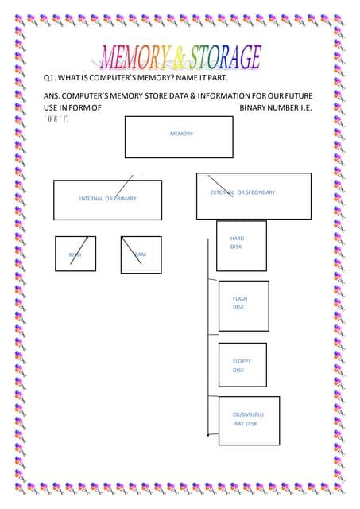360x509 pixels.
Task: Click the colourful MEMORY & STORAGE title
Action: tap(180, 57)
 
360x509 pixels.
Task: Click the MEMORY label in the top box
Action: tap(181, 134)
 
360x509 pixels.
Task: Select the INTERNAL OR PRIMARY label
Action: tap(107, 198)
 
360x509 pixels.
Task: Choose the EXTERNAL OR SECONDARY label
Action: tap(242, 192)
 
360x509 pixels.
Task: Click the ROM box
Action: tap(75, 254)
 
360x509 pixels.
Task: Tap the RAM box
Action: tap(140, 254)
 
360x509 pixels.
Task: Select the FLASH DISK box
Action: tap(243, 304)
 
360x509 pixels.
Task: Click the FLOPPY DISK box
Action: tap(242, 365)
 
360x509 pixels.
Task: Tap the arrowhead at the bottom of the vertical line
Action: tap(208, 435)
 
